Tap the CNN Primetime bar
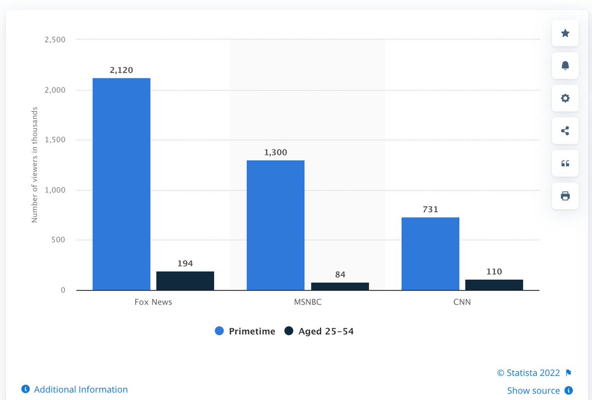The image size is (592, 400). (430, 254)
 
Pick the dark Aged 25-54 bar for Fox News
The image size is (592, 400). (185, 281)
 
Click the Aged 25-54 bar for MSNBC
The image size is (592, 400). (340, 286)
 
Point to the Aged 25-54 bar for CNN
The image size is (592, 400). (494, 285)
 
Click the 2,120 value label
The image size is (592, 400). (121, 71)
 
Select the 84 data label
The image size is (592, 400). (340, 275)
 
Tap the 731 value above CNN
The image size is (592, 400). (430, 210)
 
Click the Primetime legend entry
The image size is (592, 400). (246, 331)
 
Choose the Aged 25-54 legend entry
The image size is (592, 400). (320, 331)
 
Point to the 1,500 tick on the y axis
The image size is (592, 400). (55, 140)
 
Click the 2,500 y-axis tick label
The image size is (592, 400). (55, 40)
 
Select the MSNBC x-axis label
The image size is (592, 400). (307, 302)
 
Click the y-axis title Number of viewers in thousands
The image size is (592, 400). (35, 165)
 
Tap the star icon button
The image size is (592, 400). (565, 33)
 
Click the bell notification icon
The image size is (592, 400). (565, 66)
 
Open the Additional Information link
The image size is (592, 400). (75, 390)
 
